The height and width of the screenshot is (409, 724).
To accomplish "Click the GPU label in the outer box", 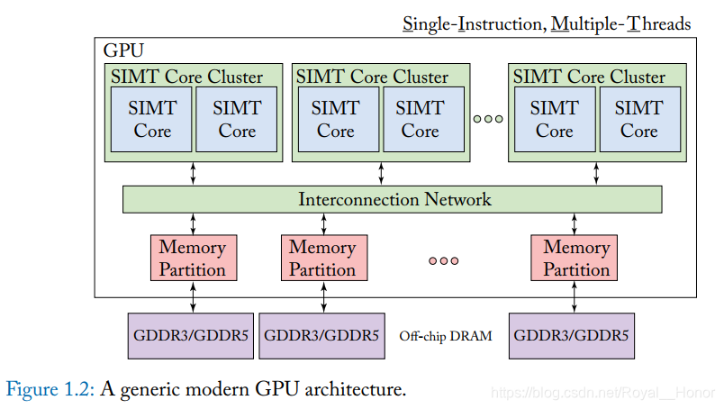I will (123, 50).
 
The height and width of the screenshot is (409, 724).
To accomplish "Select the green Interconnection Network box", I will (392, 199).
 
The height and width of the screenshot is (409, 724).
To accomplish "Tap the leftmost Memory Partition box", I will (192, 258).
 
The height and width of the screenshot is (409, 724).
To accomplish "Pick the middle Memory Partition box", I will (321, 258).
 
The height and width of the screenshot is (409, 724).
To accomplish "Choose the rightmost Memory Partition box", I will (576, 258).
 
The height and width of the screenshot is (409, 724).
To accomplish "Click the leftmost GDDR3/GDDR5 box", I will (191, 336).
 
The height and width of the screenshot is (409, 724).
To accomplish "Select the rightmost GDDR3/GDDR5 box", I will (571, 336).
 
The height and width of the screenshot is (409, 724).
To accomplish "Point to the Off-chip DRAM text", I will (446, 337).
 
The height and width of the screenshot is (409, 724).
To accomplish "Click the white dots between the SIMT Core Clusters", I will (487, 118).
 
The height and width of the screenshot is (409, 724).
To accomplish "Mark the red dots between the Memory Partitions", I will (443, 260).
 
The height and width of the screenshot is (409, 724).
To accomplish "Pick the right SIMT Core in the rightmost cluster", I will (638, 119).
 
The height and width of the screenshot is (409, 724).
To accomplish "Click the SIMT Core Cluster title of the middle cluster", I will (372, 77).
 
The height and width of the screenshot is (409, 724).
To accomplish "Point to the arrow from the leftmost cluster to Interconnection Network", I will (193, 174).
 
